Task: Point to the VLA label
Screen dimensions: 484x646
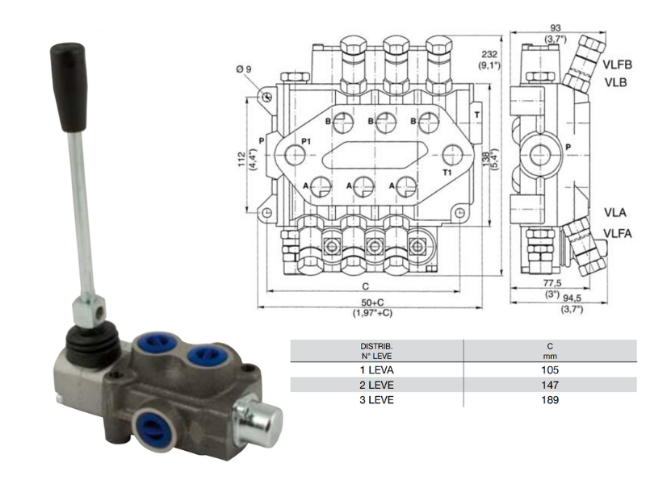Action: (x=615, y=214)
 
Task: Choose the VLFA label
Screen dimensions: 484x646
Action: (x=619, y=232)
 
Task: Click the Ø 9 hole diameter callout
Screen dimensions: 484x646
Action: (x=244, y=69)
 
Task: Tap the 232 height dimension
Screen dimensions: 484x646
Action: (x=488, y=55)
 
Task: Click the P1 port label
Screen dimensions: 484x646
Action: (x=306, y=141)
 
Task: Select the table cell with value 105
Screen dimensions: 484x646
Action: (x=550, y=369)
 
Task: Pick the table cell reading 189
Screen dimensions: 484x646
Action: (x=550, y=399)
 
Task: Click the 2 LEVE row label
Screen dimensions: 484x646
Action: (x=376, y=385)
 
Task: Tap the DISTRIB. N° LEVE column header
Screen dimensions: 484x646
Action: (x=376, y=350)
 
